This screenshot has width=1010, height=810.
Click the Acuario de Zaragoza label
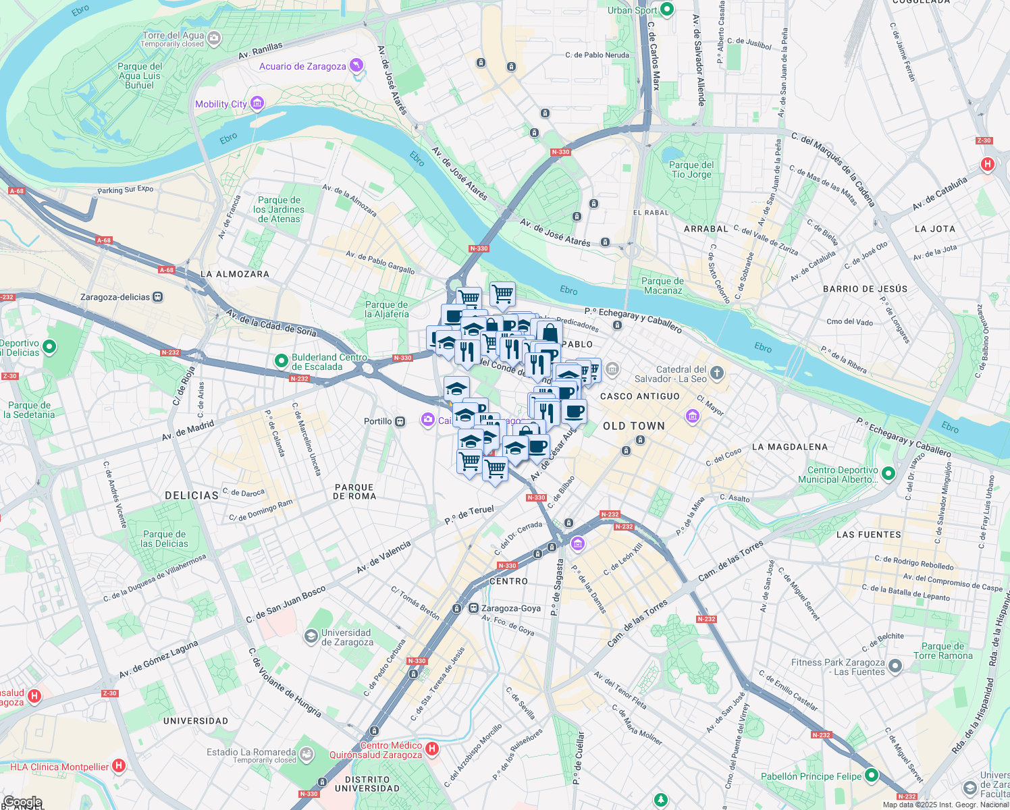302,66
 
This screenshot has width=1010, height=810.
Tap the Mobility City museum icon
257,103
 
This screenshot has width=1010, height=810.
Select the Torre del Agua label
173,36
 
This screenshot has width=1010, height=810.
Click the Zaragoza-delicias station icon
158,297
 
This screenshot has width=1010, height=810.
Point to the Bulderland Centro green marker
282,361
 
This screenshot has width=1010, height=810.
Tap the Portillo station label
378,421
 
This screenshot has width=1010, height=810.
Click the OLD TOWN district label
634,426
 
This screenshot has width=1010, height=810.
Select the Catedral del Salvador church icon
717,373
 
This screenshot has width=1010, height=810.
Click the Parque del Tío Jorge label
691,169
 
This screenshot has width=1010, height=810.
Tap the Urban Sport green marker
667,9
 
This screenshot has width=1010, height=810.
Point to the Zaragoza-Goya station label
511,608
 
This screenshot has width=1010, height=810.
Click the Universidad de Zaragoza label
346,637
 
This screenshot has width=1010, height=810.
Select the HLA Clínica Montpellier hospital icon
119,765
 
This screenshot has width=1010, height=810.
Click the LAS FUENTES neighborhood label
868,535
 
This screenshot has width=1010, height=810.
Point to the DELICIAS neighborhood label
192,495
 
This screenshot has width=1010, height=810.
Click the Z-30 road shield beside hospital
984,141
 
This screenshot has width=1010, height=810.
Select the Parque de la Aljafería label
387,309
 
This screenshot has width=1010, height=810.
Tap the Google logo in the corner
22,802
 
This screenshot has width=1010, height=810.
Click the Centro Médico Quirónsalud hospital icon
433,748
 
